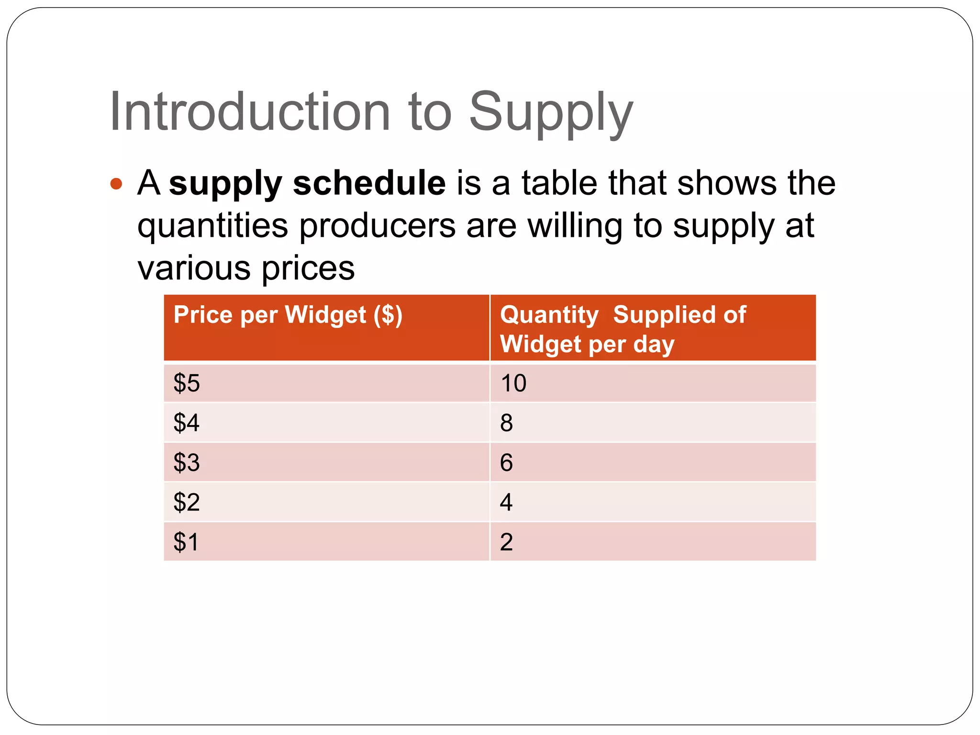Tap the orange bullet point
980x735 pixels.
(x=116, y=184)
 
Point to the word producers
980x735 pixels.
(x=378, y=226)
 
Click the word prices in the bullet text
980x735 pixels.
(x=308, y=268)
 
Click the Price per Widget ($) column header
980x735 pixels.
(x=288, y=315)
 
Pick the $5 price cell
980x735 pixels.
(x=187, y=383)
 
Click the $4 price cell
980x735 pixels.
(x=187, y=423)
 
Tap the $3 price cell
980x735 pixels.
(x=187, y=463)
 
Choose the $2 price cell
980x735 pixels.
(x=187, y=502)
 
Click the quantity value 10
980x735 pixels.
(x=513, y=383)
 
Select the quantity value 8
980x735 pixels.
(x=506, y=423)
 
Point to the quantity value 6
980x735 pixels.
(x=506, y=463)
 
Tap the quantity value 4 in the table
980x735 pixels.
(x=506, y=502)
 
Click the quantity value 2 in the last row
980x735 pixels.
(x=506, y=542)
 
